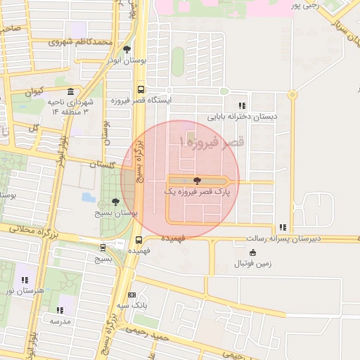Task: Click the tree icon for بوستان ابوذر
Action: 127,49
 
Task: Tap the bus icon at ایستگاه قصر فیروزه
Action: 141,89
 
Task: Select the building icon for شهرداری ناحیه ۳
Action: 70,93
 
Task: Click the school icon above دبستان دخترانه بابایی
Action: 243,105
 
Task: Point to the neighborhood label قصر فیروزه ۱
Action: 211,143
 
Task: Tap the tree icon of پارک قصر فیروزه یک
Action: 196,181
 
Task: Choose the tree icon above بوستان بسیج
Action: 115,202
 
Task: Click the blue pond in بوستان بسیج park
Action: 89,197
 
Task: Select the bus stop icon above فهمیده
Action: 139,239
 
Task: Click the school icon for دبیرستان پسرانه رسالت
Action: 282,227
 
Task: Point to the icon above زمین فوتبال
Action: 252,253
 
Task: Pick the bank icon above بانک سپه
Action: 132,295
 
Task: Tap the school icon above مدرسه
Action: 60,309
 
